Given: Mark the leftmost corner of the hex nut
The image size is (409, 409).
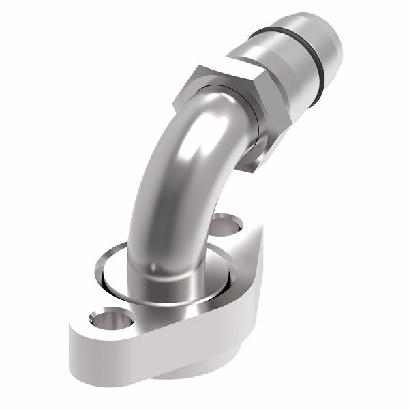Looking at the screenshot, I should [176, 102].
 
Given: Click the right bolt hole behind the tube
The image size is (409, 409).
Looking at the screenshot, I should [228, 224].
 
